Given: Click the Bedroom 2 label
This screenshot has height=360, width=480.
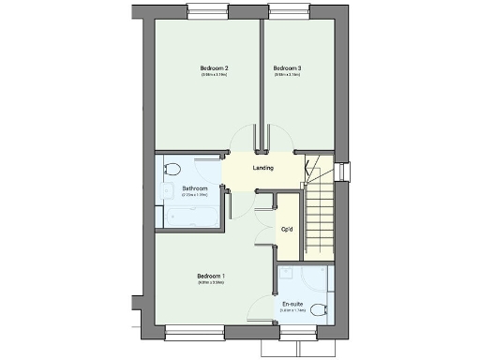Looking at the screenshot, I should [x=214, y=68].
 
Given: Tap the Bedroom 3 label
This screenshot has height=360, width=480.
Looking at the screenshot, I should [x=287, y=68].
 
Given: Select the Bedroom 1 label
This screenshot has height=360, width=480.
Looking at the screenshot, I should [x=211, y=276].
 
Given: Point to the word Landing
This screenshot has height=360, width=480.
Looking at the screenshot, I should [x=264, y=168].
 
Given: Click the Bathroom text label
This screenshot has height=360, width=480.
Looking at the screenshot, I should [x=195, y=188].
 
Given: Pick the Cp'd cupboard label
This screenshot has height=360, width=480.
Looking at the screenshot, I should [x=287, y=229].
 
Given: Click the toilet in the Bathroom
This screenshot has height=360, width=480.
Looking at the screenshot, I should [x=172, y=169].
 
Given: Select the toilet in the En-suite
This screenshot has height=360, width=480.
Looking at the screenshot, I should [x=319, y=311].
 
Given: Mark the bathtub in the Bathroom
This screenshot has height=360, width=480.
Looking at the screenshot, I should [x=189, y=217].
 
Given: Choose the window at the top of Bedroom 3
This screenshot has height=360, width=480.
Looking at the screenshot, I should [x=291, y=10].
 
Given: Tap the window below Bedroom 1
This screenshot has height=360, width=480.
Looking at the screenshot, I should [x=195, y=331].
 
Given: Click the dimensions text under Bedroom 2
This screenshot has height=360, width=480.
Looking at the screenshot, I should [x=214, y=77].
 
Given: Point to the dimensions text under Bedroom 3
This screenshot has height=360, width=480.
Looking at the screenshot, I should [x=287, y=77].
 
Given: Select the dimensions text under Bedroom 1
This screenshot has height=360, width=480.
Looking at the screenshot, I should [x=211, y=283].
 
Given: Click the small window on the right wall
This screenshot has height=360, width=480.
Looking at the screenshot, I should [x=343, y=173].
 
